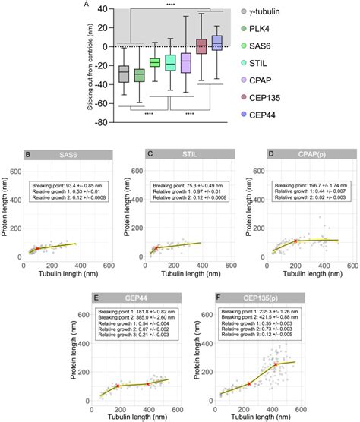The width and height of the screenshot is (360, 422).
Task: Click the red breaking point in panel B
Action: point(37,248)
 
